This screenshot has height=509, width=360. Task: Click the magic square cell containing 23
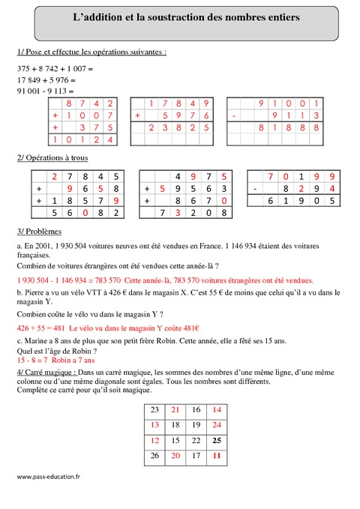coord(154,409)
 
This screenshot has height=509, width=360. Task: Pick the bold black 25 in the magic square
coord(216,439)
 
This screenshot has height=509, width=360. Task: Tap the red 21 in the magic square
coord(175,409)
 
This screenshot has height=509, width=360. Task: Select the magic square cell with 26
coord(154,454)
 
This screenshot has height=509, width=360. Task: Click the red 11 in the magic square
coord(216,454)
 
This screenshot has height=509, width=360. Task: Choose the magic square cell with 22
coord(196,439)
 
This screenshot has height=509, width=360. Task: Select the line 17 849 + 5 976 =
coord(46,80)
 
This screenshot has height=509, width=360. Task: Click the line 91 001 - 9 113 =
coord(46,91)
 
